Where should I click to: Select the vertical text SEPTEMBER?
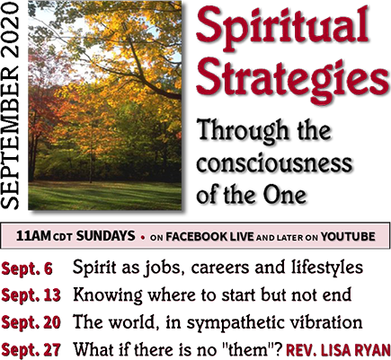click(11, 135)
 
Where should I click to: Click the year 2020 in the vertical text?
click(11, 30)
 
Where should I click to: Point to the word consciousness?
click(274, 162)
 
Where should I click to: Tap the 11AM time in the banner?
click(33, 236)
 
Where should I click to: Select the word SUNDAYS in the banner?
click(105, 236)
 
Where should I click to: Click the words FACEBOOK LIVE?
click(209, 237)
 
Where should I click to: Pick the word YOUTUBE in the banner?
click(348, 237)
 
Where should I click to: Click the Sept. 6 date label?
click(27, 268)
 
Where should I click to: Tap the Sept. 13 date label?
click(31, 295)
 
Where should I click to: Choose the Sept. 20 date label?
click(31, 322)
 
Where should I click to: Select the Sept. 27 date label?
click(31, 349)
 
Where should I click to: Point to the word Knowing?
click(108, 295)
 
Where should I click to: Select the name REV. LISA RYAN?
click(339, 349)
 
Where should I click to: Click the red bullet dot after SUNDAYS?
click(143, 239)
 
